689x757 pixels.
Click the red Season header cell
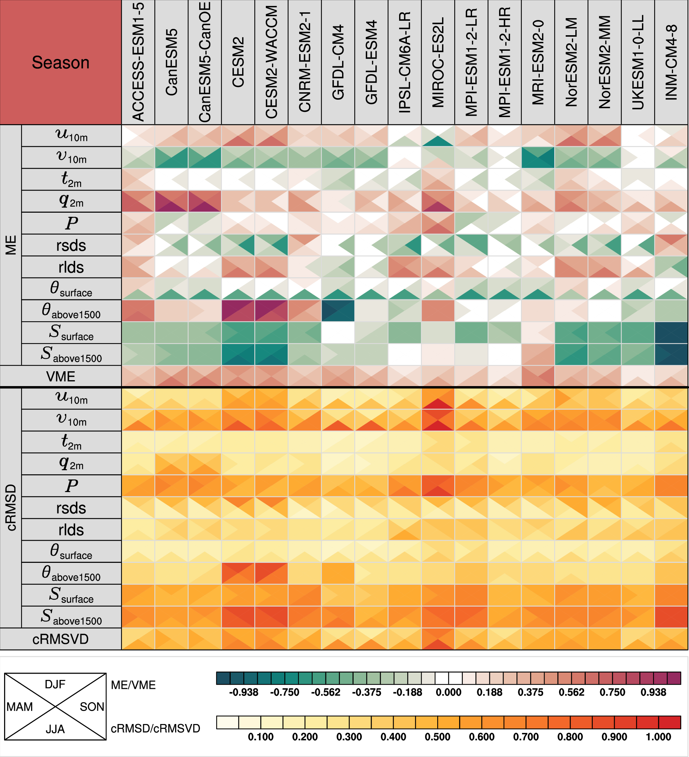[x=60, y=62]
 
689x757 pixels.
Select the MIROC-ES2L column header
[x=438, y=62]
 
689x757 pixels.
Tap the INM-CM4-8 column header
[x=671, y=62]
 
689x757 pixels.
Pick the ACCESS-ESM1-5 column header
[x=138, y=62]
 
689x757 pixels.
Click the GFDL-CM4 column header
[x=338, y=62]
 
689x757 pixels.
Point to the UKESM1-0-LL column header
[x=638, y=62]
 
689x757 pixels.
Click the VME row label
[x=60, y=376]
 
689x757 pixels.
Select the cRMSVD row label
[x=60, y=639]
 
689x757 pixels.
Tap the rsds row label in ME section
[x=71, y=246]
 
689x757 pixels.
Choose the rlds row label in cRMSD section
[x=71, y=530]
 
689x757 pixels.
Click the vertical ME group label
[x=10, y=245]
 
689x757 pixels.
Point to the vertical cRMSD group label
[x=10, y=508]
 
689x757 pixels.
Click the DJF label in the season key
[x=55, y=684]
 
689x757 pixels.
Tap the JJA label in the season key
[x=55, y=729]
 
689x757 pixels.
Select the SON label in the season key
[x=91, y=707]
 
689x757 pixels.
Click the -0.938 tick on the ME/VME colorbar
[x=244, y=693]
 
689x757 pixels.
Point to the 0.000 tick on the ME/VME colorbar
[x=448, y=693]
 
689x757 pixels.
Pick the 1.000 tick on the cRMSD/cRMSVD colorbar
[x=658, y=737]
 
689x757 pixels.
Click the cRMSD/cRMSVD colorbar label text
[x=155, y=728]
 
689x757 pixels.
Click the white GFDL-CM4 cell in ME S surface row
[x=338, y=333]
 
